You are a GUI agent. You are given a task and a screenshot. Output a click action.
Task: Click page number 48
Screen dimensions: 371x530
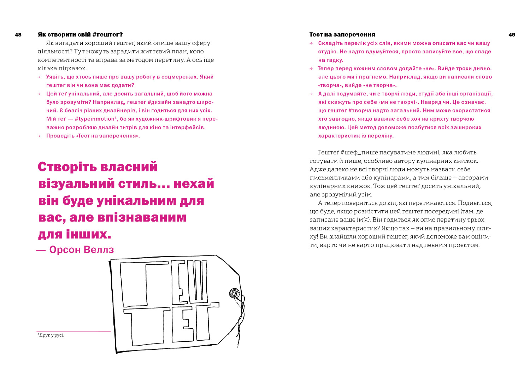tap(18, 35)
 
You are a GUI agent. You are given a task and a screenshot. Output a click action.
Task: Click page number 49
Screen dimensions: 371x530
tap(512, 35)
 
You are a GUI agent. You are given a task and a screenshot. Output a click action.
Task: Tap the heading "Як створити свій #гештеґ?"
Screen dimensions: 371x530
tap(80, 35)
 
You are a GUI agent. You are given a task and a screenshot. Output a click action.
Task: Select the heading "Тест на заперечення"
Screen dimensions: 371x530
tap(342, 35)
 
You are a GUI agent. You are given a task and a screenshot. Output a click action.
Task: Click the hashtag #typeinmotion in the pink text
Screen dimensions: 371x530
tap(95, 119)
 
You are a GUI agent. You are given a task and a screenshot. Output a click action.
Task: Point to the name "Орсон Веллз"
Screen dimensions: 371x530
tap(82, 250)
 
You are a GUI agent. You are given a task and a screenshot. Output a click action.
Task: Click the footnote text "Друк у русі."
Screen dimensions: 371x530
tap(52, 335)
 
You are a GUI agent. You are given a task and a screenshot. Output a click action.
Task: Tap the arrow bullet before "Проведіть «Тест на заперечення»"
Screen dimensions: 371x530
tap(40, 136)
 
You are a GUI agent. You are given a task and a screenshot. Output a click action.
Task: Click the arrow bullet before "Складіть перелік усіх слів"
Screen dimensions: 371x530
tap(311, 43)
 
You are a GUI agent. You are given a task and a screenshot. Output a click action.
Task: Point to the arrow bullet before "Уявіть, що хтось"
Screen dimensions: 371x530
tap(40, 77)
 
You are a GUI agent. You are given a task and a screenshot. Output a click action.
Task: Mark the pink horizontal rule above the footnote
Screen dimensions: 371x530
tap(74, 332)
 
